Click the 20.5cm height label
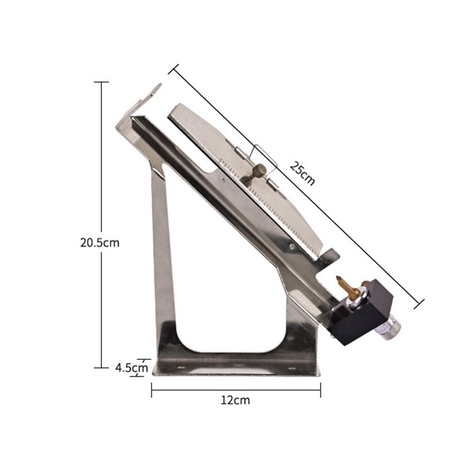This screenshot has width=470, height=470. click(100, 243)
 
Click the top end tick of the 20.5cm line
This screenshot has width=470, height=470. click(102, 82)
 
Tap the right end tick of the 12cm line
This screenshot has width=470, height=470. click(320, 389)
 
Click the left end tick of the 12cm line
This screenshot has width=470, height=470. click(151, 389)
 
